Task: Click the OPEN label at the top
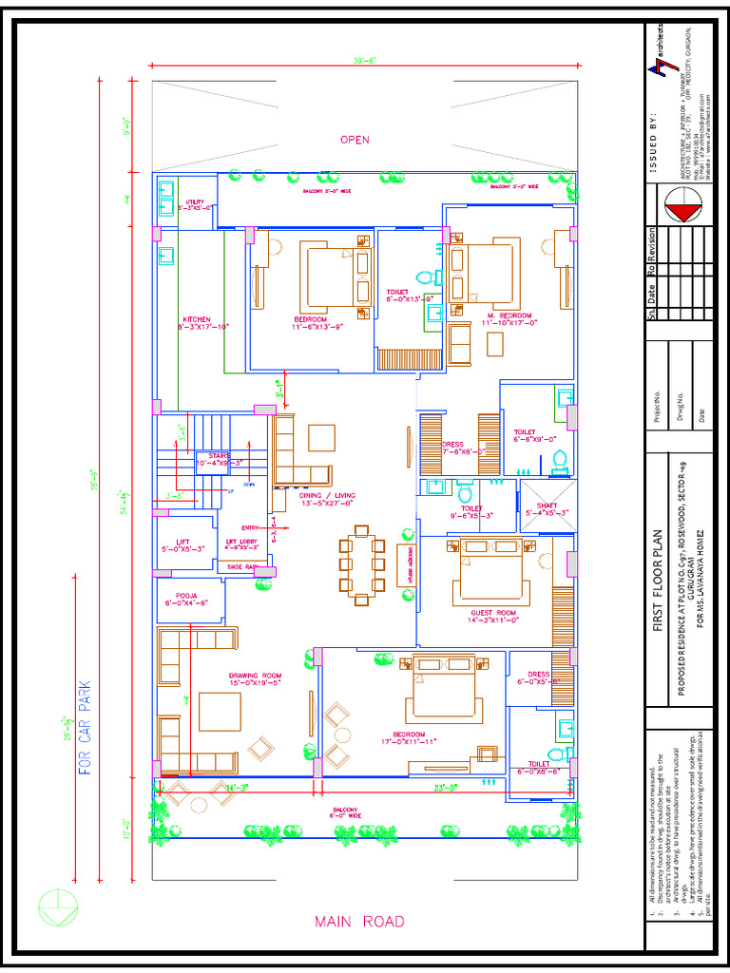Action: coord(355,140)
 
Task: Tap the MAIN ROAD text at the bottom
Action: coord(359,922)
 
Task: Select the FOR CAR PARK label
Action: coord(85,728)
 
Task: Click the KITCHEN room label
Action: coord(197,319)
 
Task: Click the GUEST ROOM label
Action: coord(487,614)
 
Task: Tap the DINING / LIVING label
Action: coord(326,495)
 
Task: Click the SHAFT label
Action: coord(547,506)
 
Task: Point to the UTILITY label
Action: coord(195,202)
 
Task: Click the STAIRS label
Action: coord(220,457)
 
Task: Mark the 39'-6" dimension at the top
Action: coord(365,60)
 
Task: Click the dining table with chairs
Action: coord(360,564)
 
